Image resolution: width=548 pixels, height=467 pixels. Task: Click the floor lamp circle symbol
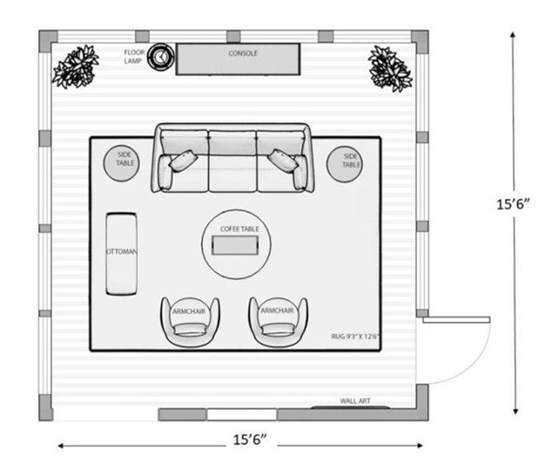pos(161,57)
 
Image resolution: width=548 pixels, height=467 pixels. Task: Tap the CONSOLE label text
pos(243,54)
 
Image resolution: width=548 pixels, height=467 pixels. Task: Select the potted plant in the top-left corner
pos(76,67)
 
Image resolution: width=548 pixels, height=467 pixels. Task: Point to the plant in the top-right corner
pos(390,68)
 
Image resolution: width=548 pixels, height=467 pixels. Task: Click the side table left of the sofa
pos(121,163)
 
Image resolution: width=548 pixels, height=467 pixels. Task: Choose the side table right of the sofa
pos(344,164)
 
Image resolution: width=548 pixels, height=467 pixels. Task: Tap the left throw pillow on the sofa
pos(184,161)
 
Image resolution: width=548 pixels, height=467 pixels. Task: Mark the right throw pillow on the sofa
pos(282,161)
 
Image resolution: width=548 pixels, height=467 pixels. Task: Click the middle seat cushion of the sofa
pos(233,172)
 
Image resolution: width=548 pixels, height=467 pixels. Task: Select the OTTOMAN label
pos(121,252)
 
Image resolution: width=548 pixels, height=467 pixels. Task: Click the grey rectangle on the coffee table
pos(236,245)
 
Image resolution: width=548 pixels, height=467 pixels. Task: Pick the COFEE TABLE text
pos(239,229)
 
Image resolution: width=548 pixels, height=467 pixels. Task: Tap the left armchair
pos(190,322)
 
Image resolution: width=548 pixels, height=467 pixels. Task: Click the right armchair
pos(279,322)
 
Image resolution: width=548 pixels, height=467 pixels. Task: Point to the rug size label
pos(355,337)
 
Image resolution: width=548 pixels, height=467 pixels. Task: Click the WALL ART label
pos(355,401)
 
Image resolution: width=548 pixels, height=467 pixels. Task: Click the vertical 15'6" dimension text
pos(513,204)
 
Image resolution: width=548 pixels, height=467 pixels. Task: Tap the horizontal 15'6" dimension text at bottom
pos(250,440)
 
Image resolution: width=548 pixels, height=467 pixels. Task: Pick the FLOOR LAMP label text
pos(134,57)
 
